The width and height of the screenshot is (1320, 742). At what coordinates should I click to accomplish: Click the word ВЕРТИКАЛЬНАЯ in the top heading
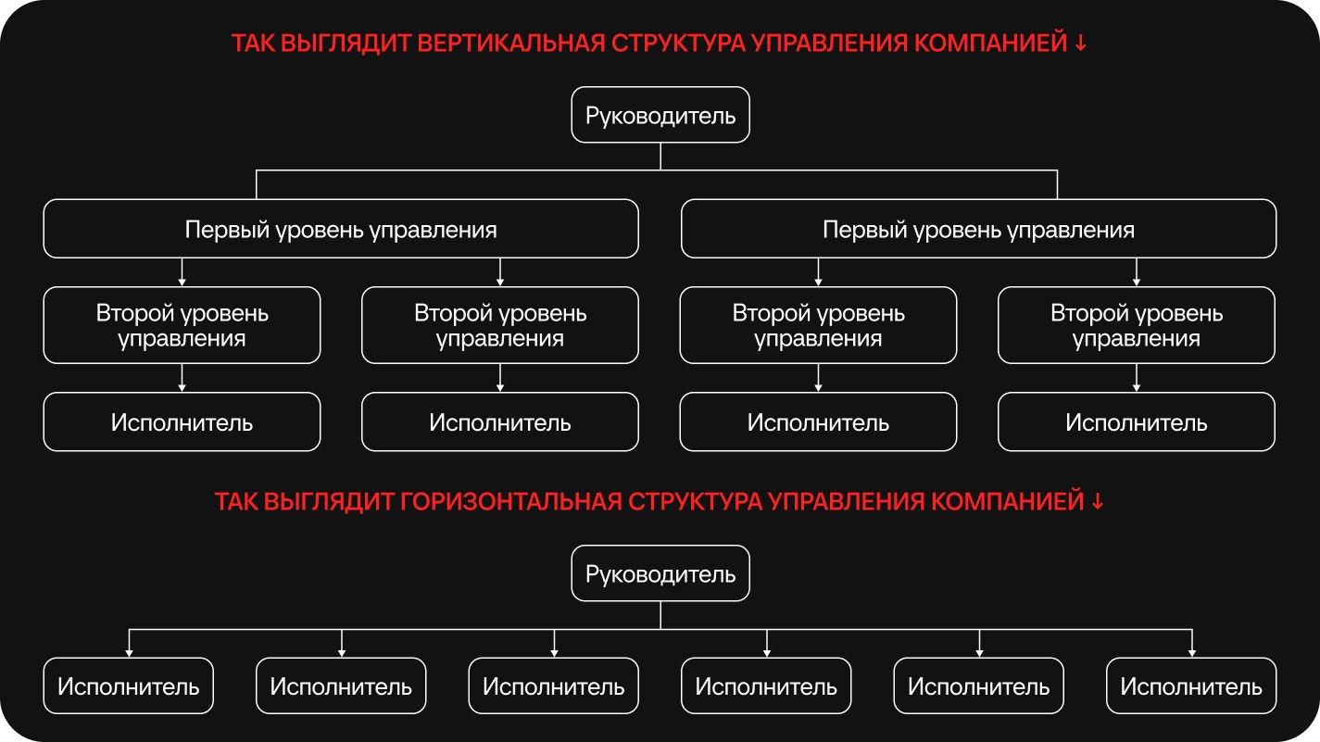[x=511, y=43]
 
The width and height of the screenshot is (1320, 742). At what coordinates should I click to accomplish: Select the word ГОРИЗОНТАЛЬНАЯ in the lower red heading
[x=511, y=501]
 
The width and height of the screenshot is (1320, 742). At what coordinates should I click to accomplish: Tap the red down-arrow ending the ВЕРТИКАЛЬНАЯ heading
[x=1081, y=43]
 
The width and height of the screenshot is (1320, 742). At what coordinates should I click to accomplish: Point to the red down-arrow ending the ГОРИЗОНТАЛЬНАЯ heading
[x=1098, y=501]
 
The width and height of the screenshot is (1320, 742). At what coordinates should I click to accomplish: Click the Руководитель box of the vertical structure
[x=660, y=115]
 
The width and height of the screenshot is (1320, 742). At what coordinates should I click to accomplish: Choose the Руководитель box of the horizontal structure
[x=660, y=573]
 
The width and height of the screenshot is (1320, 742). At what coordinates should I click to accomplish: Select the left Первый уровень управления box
[x=341, y=229]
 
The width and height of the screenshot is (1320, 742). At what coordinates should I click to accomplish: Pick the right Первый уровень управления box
[x=978, y=229]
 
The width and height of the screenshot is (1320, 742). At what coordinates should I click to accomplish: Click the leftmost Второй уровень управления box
[x=182, y=325]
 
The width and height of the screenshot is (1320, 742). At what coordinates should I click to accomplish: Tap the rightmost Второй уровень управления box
[x=1137, y=325]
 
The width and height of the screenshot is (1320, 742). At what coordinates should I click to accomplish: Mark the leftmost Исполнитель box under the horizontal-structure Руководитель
[x=129, y=686]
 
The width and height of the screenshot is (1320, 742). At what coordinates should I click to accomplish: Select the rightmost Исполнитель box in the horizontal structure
[x=1191, y=686]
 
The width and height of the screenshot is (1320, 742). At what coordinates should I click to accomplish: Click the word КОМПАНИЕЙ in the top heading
[x=990, y=43]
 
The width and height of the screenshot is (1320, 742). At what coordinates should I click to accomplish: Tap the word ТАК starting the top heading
[x=253, y=43]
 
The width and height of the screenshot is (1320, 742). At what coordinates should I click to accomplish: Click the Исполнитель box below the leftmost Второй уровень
[x=182, y=422]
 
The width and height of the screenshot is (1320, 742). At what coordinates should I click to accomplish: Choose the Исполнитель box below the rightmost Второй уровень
[x=1137, y=422]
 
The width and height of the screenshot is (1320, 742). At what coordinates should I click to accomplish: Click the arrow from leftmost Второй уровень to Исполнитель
[x=182, y=378]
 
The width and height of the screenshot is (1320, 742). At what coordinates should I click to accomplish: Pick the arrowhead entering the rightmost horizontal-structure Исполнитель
[x=1191, y=654]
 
